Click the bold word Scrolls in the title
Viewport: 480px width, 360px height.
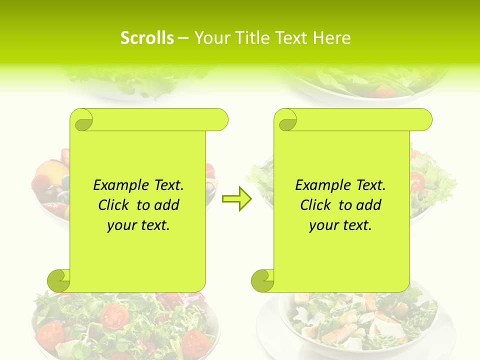(x=147, y=38)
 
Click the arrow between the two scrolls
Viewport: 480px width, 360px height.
(x=236, y=199)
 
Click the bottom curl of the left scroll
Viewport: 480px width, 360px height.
(x=59, y=280)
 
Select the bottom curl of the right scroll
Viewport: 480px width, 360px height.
(x=262, y=280)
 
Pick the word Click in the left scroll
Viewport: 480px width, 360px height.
(x=109, y=205)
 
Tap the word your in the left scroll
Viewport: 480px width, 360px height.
(x=120, y=225)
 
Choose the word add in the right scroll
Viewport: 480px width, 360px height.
(x=368, y=205)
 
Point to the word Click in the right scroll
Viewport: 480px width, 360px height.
(x=311, y=205)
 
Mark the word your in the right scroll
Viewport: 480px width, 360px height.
(x=322, y=225)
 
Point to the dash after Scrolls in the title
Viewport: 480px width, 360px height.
(x=183, y=38)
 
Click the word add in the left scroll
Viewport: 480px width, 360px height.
(x=166, y=205)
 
